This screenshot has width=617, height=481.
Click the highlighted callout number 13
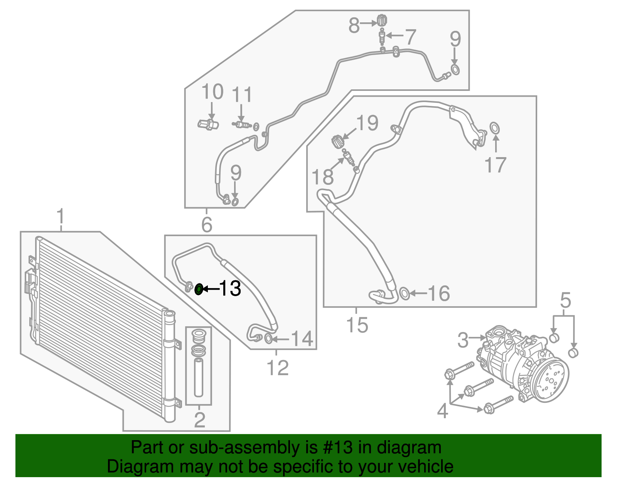coord(230,288)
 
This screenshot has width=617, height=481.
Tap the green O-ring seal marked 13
coord(199,289)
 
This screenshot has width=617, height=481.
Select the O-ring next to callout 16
coord(404,293)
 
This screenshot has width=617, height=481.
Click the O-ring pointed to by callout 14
coord(269,339)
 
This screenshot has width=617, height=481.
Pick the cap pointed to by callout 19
coord(337,141)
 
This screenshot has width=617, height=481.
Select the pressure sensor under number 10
coord(208,124)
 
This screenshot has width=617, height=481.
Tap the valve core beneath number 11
coord(242,124)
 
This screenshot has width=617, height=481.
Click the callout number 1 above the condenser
coord(61,217)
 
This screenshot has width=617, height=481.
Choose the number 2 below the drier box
coord(199,419)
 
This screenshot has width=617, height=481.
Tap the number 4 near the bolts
coord(443,411)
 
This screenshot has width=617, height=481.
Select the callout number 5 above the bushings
coord(565,300)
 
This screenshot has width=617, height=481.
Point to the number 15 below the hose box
coord(357,325)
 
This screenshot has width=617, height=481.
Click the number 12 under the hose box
coord(277,368)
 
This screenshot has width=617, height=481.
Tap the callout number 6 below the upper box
coord(207,225)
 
